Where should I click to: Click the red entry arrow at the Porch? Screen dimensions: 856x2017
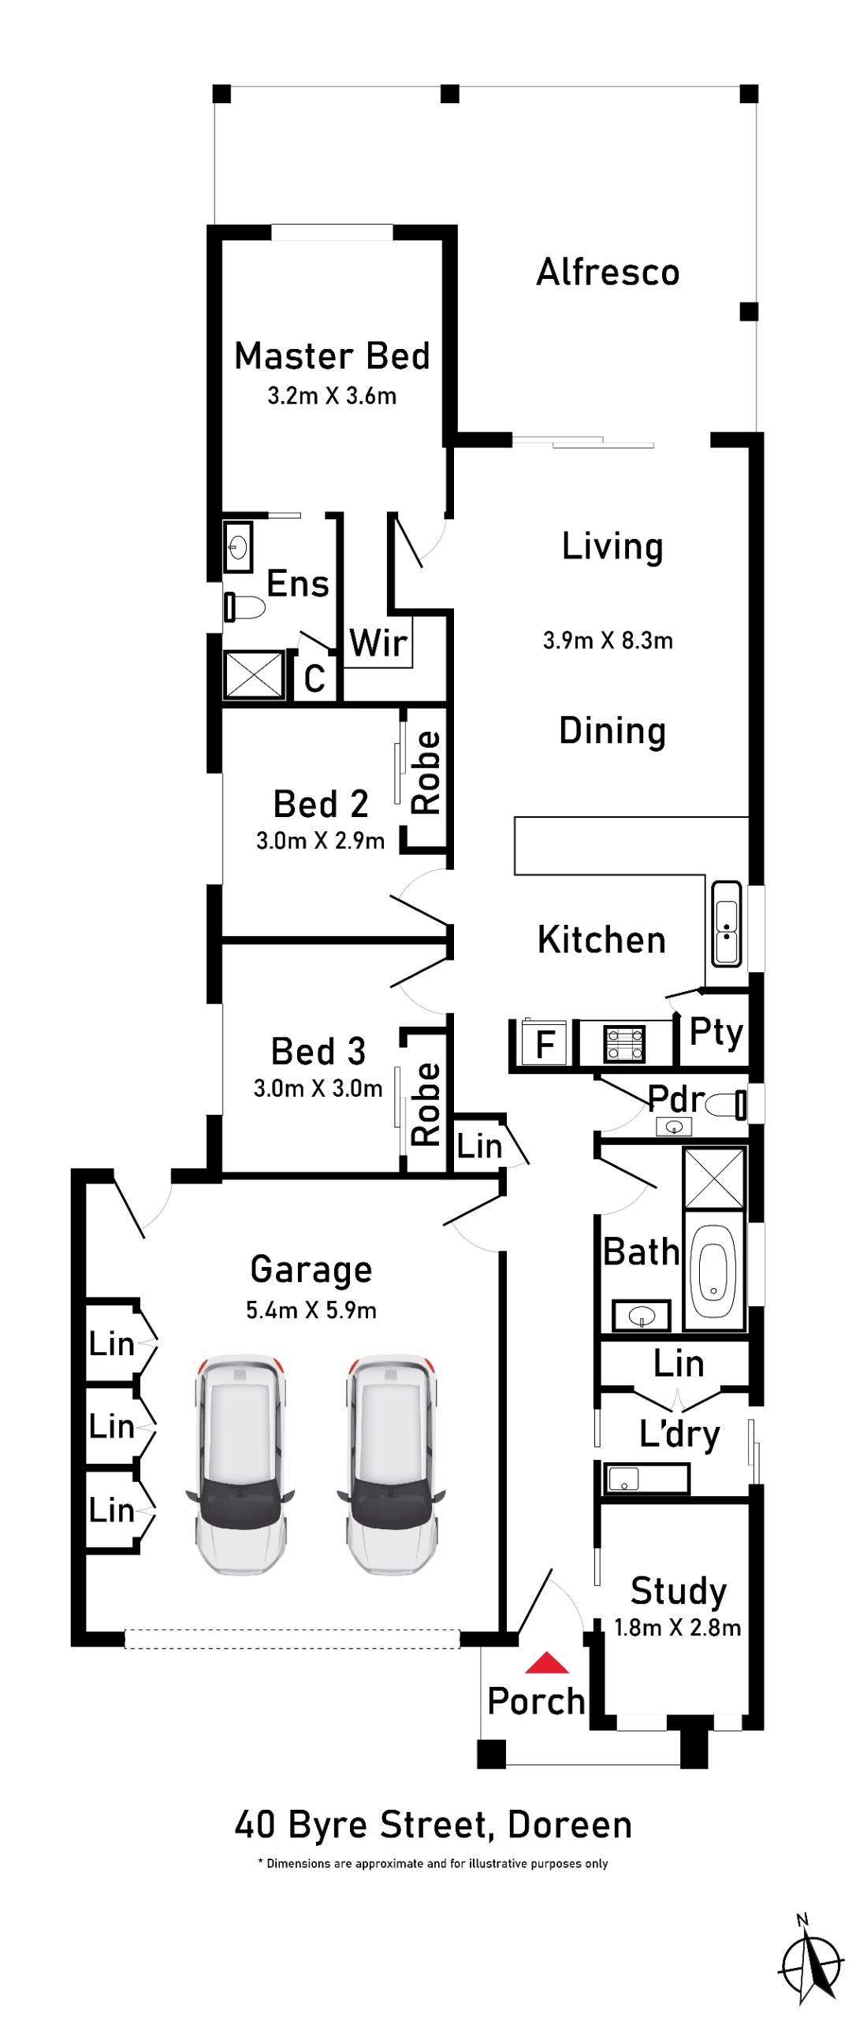(547, 1662)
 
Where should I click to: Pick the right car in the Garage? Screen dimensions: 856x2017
(391, 1465)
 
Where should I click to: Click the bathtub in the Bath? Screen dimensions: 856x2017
(713, 1269)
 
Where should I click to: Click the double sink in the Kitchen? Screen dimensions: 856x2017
(726, 923)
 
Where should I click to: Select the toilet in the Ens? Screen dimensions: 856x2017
(244, 607)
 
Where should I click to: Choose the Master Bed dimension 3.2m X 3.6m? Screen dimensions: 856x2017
(332, 396)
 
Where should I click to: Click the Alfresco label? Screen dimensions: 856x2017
(608, 273)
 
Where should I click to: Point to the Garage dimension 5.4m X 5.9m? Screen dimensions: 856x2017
(311, 1310)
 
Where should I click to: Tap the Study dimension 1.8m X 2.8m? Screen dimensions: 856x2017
(678, 1627)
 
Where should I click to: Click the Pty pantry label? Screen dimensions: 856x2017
(716, 1032)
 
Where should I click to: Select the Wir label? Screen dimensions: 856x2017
(378, 643)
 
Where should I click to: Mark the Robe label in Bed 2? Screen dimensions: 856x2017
(426, 772)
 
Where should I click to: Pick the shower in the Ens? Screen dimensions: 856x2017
(254, 674)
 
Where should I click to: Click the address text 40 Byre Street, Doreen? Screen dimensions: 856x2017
(434, 1826)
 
